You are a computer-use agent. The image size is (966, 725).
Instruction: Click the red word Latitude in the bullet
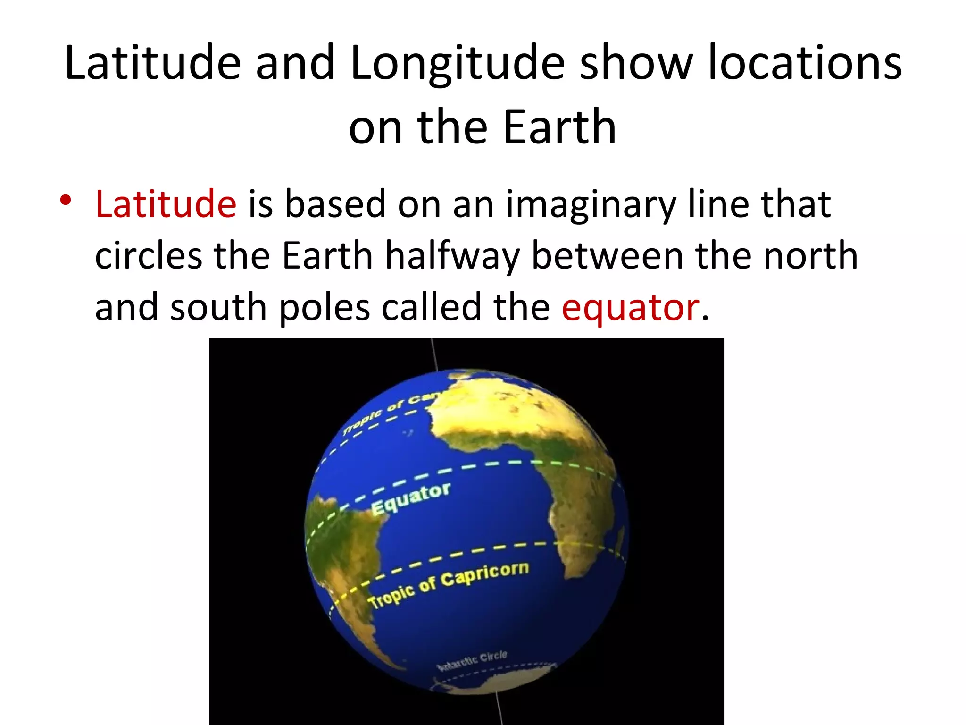[x=166, y=204]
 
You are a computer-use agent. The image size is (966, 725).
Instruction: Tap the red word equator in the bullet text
[x=630, y=307]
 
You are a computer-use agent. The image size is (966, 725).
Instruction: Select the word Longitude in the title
[x=457, y=63]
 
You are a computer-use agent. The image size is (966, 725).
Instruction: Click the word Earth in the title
[x=560, y=127]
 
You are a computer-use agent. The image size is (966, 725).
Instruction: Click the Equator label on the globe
[x=410, y=499]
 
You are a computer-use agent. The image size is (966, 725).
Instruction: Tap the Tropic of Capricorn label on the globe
[x=448, y=585]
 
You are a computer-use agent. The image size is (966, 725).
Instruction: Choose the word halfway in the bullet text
[x=452, y=256]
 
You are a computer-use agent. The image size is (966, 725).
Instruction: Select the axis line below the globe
[x=500, y=710]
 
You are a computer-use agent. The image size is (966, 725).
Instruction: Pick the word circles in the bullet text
[x=149, y=256]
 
